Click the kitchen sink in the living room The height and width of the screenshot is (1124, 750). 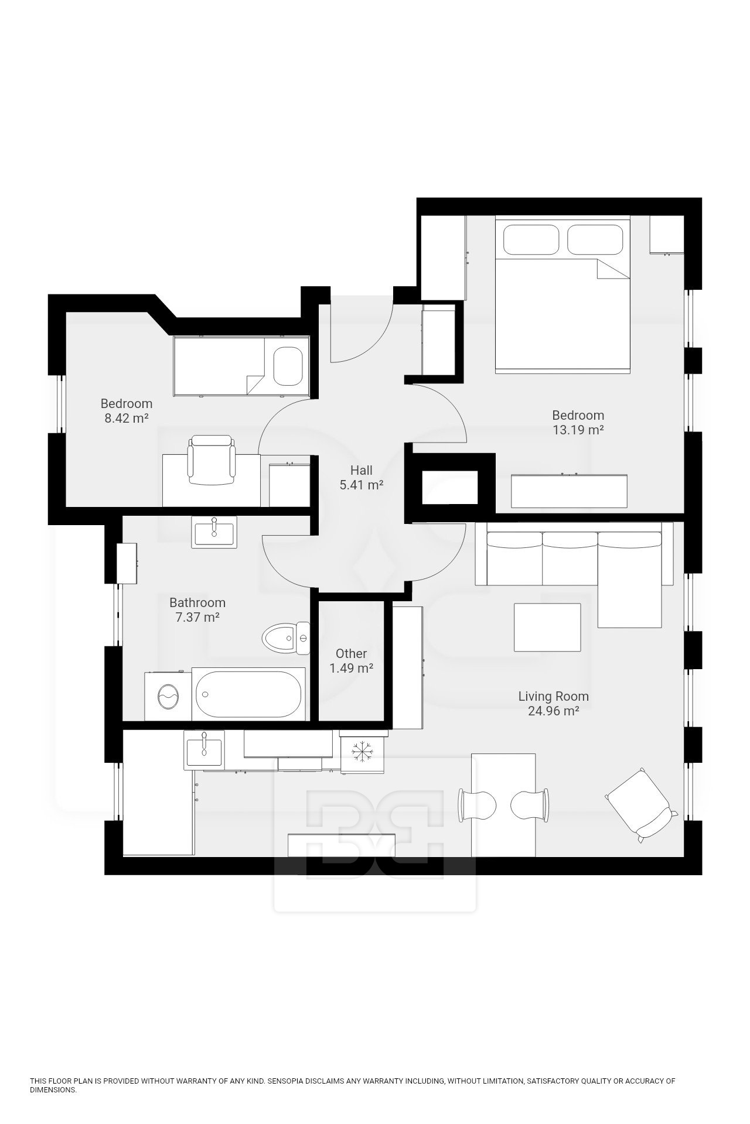click(204, 751)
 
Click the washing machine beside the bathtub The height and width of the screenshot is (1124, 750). click(168, 697)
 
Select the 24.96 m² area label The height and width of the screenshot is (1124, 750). click(553, 711)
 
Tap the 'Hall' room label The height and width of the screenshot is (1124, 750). click(361, 470)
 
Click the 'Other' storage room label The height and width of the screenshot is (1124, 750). click(351, 653)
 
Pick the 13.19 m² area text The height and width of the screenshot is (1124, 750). click(578, 430)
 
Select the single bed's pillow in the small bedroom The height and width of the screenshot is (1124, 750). click(288, 366)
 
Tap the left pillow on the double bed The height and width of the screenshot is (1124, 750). click(531, 239)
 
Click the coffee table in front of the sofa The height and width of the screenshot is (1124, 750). click(547, 627)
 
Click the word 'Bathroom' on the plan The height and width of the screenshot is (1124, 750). click(197, 602)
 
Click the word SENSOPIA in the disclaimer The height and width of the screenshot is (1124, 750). click(287, 1081)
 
